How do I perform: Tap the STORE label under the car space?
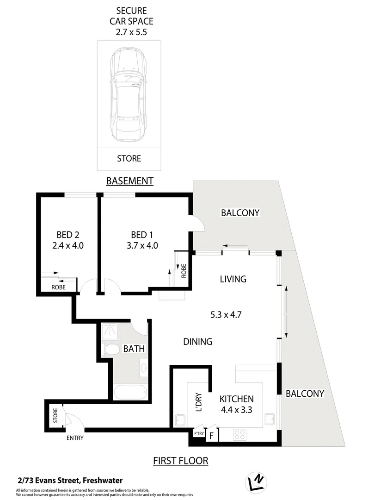pos(129,158)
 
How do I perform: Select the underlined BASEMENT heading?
pos(129,181)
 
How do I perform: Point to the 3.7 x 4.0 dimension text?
pos(143,245)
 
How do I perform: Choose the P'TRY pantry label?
pos(199,433)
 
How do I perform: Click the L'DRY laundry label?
pos(197,403)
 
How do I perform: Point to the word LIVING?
pos(233,279)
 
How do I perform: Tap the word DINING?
pos(197,342)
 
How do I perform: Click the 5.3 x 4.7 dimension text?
pos(226,314)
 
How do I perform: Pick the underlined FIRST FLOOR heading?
pos(181,461)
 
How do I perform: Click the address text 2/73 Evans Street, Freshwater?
pos(69,481)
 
